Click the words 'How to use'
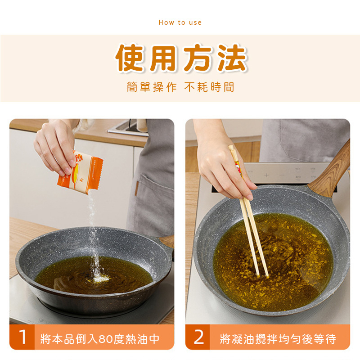pyautogui.click(x=180, y=22)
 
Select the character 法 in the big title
pyautogui.click(x=232, y=58)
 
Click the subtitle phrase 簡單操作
pyautogui.click(x=152, y=87)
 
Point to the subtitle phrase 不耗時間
pyautogui.click(x=209, y=87)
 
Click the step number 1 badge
pyautogui.click(x=22, y=337)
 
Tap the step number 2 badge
pyautogui.click(x=198, y=337)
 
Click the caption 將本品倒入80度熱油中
pyautogui.click(x=100, y=339)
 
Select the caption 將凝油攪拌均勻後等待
pyautogui.click(x=278, y=339)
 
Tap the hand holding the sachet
pyautogui.click(x=54, y=147)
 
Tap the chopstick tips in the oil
pyautogui.click(x=262, y=275)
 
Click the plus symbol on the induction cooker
pyautogui.click(x=266, y=175)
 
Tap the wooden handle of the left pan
pyautogui.click(x=166, y=242)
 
